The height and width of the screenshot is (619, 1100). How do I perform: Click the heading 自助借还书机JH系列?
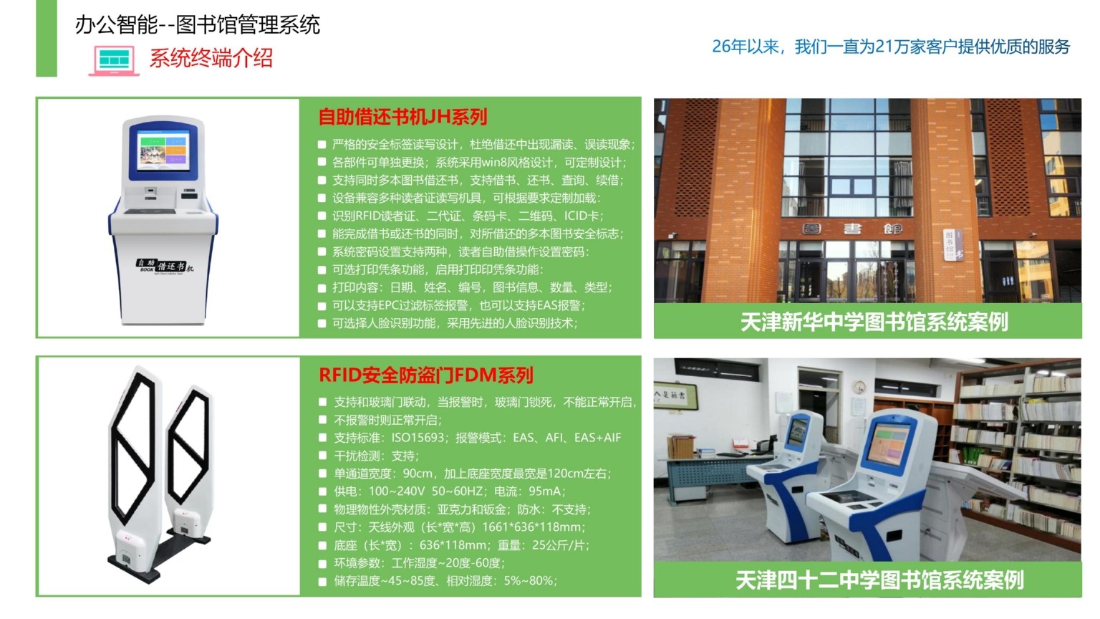pyautogui.click(x=402, y=117)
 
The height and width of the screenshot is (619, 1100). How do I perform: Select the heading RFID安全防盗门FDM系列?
pyautogui.click(x=426, y=375)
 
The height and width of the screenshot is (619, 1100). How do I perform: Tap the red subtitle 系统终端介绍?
pyautogui.click(x=211, y=58)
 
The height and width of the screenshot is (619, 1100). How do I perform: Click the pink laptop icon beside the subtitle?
pyautogui.click(x=114, y=61)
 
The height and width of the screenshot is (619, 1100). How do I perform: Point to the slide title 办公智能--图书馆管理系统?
pyautogui.click(x=198, y=24)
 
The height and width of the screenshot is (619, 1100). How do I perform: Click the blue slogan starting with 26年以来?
pyautogui.click(x=891, y=47)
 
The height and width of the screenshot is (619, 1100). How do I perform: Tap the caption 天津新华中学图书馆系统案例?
pyautogui.click(x=874, y=322)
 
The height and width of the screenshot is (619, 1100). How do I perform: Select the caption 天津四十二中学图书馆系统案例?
pyautogui.click(x=879, y=580)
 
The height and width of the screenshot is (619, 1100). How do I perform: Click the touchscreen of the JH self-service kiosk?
pyautogui.click(x=163, y=150)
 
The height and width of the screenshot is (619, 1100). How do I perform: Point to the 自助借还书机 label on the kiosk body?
pyautogui.click(x=165, y=266)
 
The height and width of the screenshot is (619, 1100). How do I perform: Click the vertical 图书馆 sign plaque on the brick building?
pyautogui.click(x=952, y=244)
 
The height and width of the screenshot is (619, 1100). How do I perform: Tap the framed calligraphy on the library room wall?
pyautogui.click(x=675, y=395)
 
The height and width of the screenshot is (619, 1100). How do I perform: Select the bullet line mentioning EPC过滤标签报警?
pyautogui.click(x=458, y=305)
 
